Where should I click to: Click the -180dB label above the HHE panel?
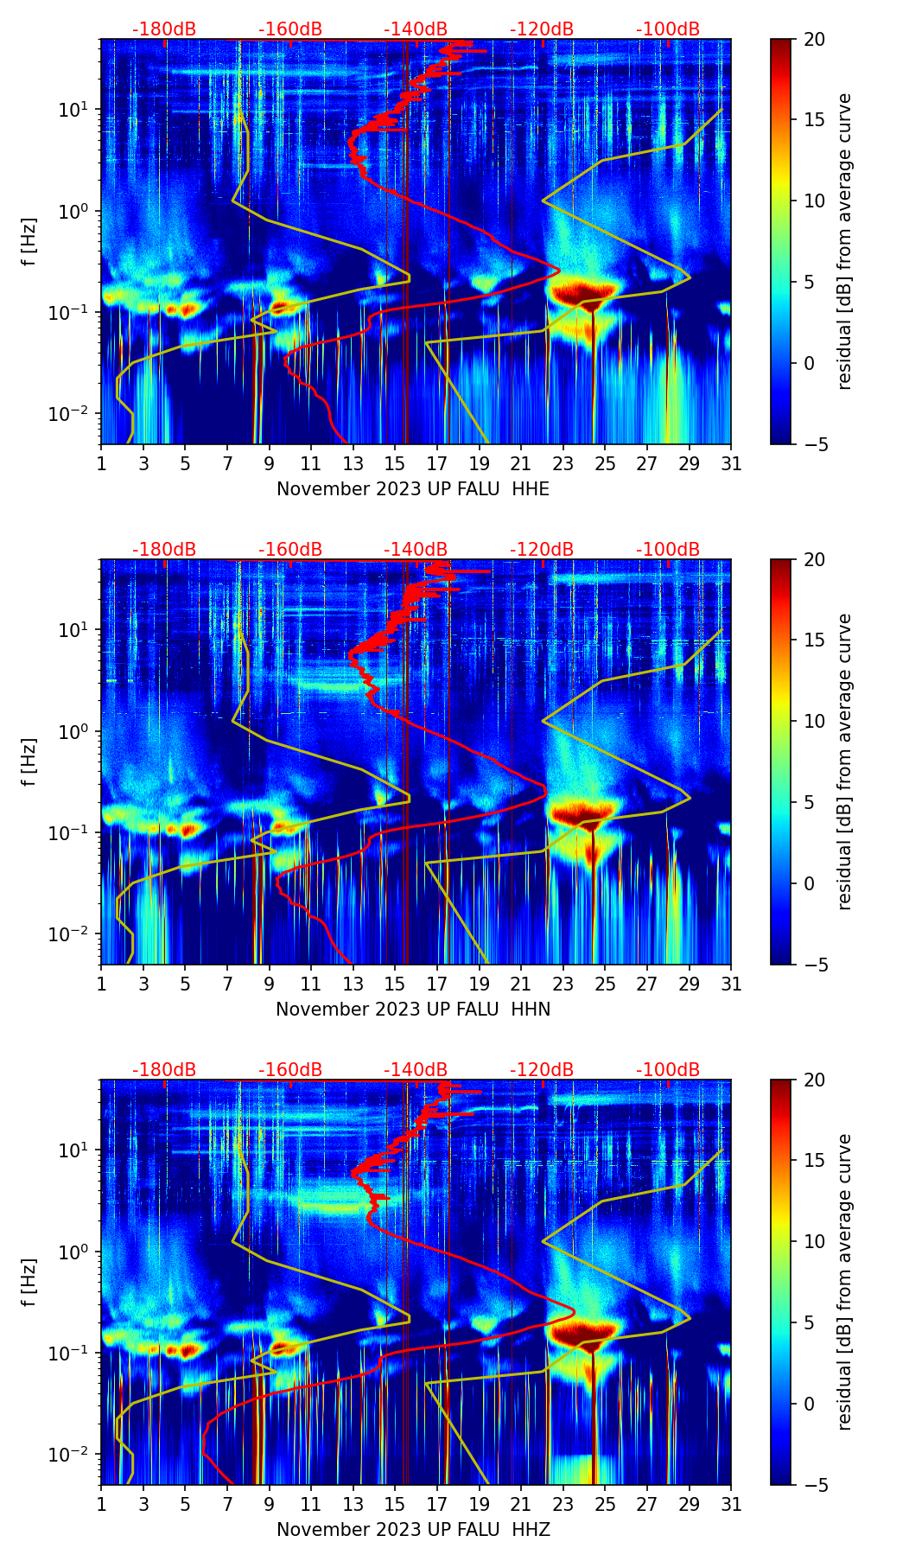[x=164, y=29]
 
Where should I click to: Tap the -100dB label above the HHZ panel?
[x=668, y=1070]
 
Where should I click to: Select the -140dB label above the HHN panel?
[x=416, y=550]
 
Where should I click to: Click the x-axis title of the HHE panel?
[x=413, y=489]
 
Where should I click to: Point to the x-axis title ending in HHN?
[x=413, y=1010]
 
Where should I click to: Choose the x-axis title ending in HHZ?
[x=413, y=1530]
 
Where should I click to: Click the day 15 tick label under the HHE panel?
[x=395, y=464]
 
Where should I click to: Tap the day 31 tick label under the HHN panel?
[x=731, y=984]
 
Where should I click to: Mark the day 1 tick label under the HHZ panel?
[x=101, y=1505]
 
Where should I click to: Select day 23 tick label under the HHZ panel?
[x=563, y=1505]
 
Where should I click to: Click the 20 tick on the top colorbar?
[x=815, y=39]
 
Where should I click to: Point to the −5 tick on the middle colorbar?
[x=815, y=964]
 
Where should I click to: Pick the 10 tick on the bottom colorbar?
[x=815, y=1241]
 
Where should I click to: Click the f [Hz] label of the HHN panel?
[x=29, y=761]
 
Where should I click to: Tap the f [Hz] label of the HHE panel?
[x=29, y=241]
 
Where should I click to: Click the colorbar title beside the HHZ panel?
[x=844, y=1282]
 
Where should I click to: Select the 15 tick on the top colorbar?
[x=815, y=120]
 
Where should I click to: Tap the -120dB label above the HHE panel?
[x=542, y=29]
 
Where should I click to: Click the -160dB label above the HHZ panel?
[x=290, y=1070]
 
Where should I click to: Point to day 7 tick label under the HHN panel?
[x=227, y=984]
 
